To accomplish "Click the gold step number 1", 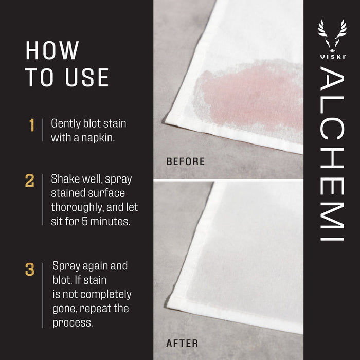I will tap(32, 125).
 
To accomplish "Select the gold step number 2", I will tap(30, 181).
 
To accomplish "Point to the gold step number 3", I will tap(30, 269).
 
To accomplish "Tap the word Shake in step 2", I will tap(64, 179).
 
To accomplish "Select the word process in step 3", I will tap(74, 323).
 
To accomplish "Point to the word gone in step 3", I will tap(64, 309).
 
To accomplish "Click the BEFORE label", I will tap(186, 162).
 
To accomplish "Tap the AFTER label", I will tap(182, 343).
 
